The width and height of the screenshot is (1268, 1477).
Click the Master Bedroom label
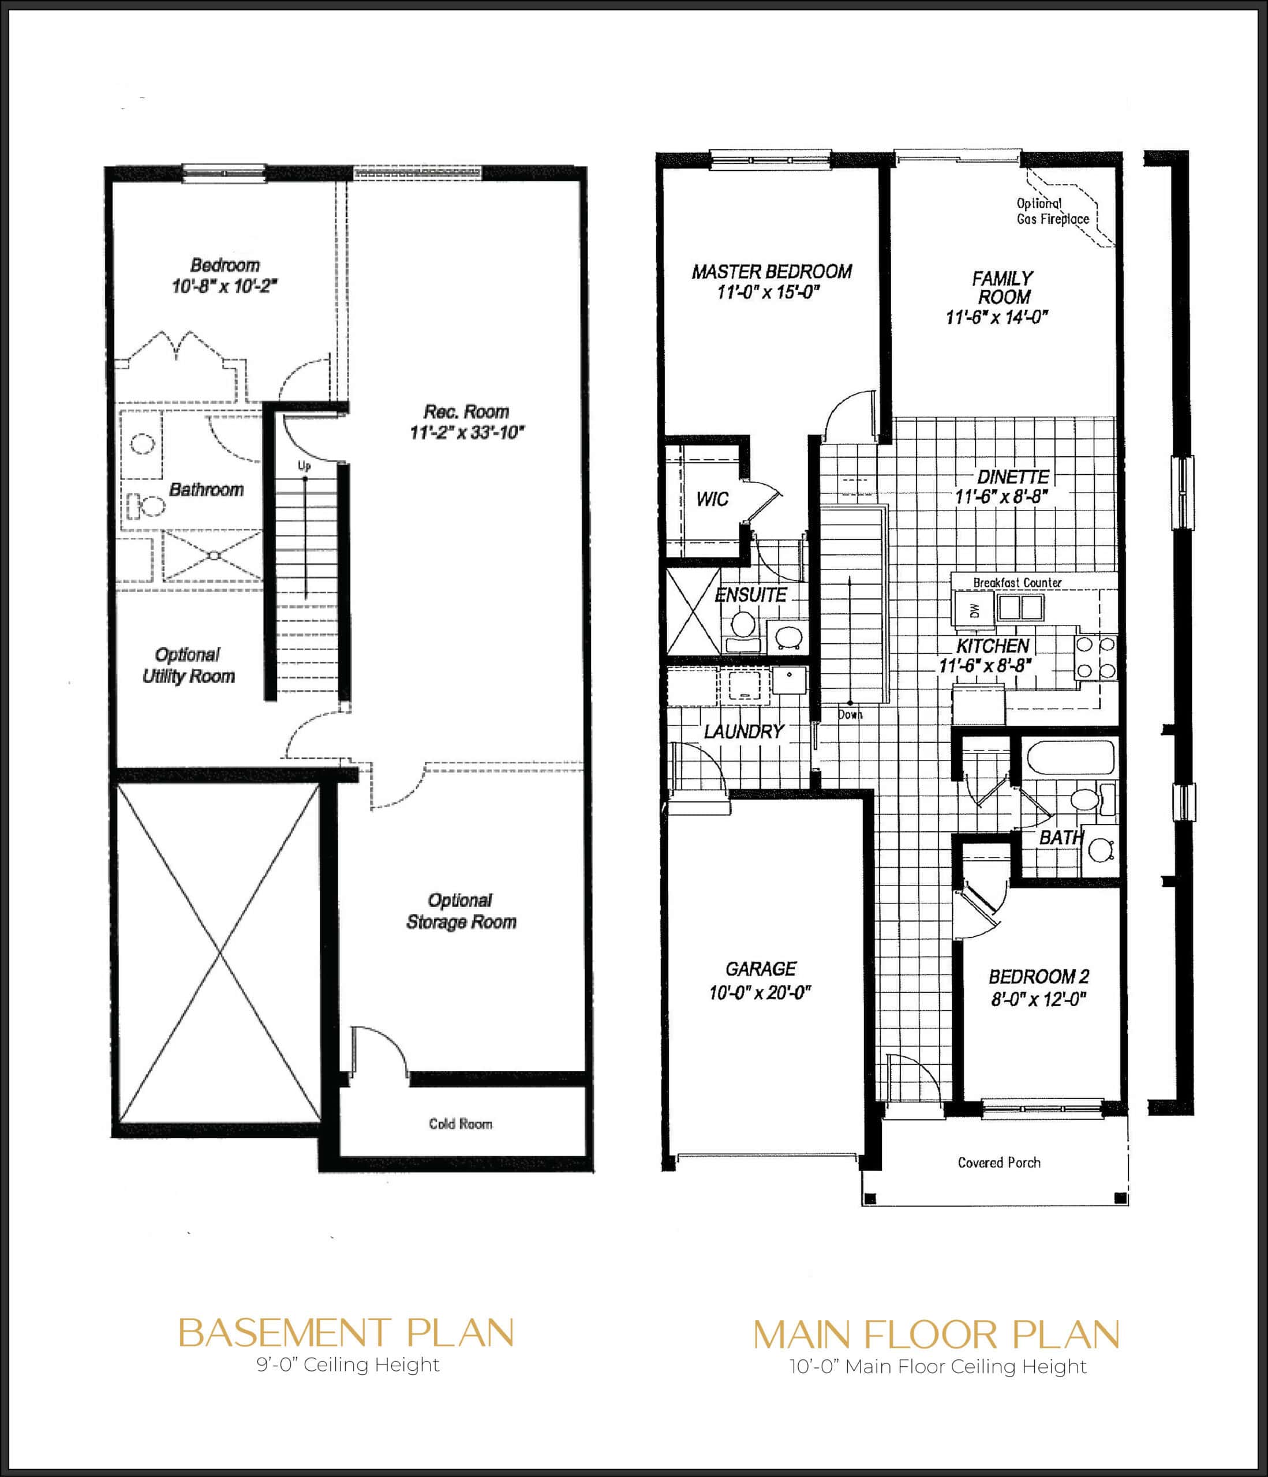pos(772,272)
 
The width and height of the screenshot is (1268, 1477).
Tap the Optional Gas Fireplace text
pos(1052,212)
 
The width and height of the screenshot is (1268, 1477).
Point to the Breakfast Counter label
pos(1017,582)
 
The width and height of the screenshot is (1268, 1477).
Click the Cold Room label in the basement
pos(460,1124)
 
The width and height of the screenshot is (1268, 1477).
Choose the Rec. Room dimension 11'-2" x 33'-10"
pos(467,433)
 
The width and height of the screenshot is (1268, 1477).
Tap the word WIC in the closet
pos(712,498)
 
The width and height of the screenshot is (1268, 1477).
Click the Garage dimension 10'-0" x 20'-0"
pos(760,992)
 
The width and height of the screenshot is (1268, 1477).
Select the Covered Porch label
pos(998,1163)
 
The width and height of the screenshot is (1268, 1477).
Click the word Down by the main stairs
pos(850,714)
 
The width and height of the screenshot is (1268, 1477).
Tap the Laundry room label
pos(743,732)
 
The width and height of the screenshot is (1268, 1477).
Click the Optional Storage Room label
pos(461,911)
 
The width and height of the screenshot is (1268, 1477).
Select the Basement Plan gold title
pos(346,1333)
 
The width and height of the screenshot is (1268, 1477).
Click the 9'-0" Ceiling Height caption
pos(348,1365)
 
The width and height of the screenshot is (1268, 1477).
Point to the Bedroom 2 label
pos(1038,977)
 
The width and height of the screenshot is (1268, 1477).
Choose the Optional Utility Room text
pos(188,665)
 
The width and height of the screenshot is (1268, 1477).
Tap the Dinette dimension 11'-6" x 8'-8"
pos(1002,497)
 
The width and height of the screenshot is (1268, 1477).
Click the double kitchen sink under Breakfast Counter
pos(1020,608)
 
